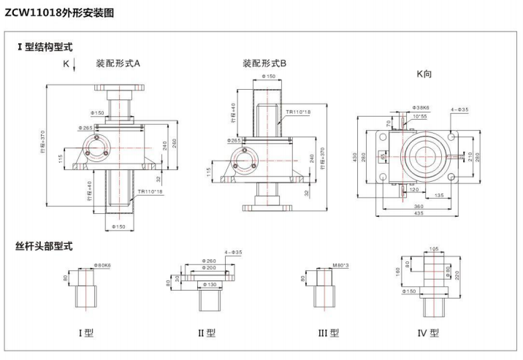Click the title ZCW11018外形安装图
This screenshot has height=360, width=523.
point(59,12)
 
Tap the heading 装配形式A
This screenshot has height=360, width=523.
point(118,64)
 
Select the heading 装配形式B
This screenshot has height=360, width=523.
point(264,64)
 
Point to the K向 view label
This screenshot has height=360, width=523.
point(427,74)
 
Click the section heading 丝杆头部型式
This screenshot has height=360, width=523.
point(45,246)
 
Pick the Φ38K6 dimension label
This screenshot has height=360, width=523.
point(421,107)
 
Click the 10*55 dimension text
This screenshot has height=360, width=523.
point(420,116)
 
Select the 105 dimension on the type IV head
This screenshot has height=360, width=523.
point(433,249)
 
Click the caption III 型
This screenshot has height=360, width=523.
point(328,333)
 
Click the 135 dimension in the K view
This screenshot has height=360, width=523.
point(440,196)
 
